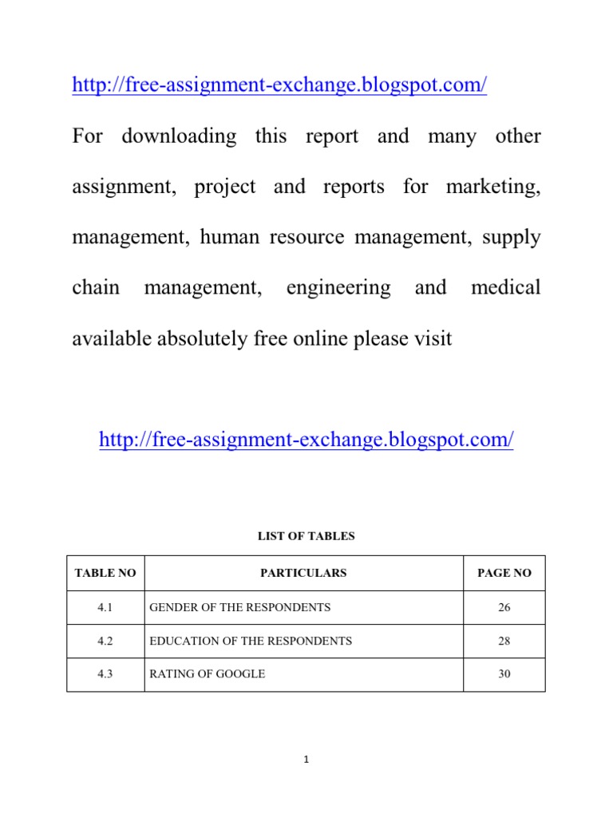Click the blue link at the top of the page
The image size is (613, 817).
(x=279, y=85)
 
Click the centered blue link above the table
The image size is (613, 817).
(x=306, y=439)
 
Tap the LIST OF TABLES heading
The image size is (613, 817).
(x=306, y=536)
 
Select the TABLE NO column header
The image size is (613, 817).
(x=105, y=573)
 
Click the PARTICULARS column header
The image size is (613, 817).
(x=303, y=573)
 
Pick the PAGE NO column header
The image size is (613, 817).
(x=504, y=573)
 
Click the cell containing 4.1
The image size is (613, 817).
(x=105, y=607)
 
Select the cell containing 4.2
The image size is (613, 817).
(x=105, y=641)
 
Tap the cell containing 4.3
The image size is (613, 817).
(x=105, y=674)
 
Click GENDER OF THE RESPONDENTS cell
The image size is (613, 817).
(x=240, y=607)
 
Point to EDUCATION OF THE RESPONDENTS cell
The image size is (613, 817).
(x=251, y=641)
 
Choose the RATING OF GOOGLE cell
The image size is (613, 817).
(x=208, y=674)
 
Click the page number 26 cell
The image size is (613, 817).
(x=504, y=607)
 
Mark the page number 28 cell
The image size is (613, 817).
(x=504, y=641)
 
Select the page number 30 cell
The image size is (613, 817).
(x=504, y=674)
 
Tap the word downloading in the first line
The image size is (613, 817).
(x=179, y=136)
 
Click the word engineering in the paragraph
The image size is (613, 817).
(x=338, y=288)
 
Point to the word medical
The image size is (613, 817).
(x=505, y=288)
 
